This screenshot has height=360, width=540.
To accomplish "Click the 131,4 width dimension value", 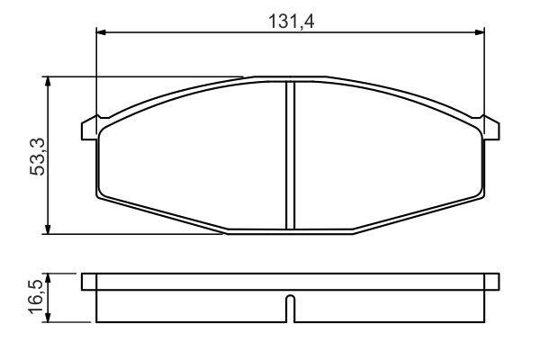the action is [291, 22].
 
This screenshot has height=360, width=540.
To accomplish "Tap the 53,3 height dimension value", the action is [38, 157].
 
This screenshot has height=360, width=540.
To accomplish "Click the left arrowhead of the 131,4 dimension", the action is [101, 32].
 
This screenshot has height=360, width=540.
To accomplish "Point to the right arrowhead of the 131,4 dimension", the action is [480, 32].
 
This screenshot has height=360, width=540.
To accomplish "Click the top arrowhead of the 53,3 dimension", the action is [48, 82].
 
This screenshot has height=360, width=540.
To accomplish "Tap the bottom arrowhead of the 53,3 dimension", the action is [48, 229].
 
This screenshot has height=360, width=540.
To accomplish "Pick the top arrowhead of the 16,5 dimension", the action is [48, 278].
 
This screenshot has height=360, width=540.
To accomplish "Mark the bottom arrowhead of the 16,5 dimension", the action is [48, 318].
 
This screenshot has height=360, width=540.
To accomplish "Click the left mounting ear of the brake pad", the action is [89, 130].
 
